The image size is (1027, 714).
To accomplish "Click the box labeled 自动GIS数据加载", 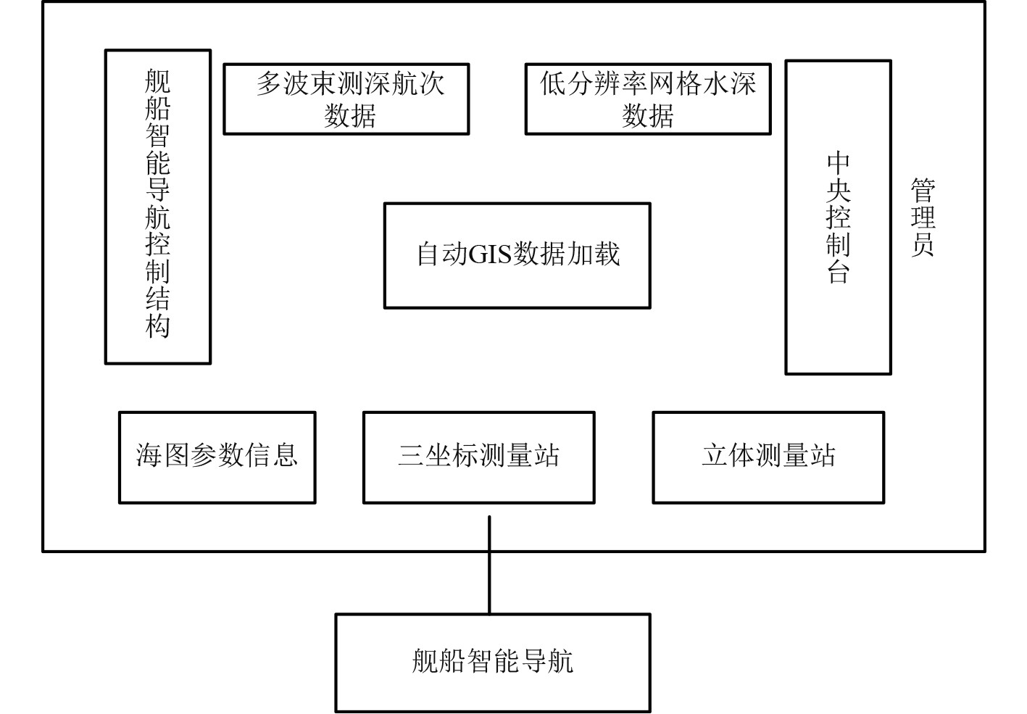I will pyautogui.click(x=517, y=255).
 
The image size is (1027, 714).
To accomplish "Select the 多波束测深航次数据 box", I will pyautogui.click(x=346, y=99).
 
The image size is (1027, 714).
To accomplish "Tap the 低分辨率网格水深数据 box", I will pyautogui.click(x=647, y=99).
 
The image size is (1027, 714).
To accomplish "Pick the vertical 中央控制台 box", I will pyautogui.click(x=838, y=217).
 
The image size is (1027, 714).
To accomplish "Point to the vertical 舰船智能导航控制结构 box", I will pyautogui.click(x=157, y=206).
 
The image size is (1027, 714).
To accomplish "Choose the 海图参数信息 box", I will pyautogui.click(x=217, y=457).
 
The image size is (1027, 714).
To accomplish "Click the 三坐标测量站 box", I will pyautogui.click(x=478, y=457).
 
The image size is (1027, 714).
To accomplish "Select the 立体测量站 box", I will pyautogui.click(x=768, y=457).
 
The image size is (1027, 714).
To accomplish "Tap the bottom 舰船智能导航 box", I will pyautogui.click(x=492, y=663).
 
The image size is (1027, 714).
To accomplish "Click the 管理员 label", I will pyautogui.click(x=923, y=217).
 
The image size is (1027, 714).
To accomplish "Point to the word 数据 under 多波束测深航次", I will pyautogui.click(x=349, y=115).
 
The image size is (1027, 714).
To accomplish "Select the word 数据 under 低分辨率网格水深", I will pyautogui.click(x=648, y=115).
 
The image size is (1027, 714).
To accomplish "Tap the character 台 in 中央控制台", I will pyautogui.click(x=838, y=272).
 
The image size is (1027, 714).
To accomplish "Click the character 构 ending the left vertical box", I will pyautogui.click(x=157, y=326).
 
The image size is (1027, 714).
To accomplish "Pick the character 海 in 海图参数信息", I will pyautogui.click(x=149, y=455).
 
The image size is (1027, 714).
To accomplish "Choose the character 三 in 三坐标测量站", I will pyautogui.click(x=410, y=455).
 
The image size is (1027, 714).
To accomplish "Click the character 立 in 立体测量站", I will pyautogui.click(x=715, y=455).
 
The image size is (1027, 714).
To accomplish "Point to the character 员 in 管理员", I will pyautogui.click(x=923, y=245).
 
